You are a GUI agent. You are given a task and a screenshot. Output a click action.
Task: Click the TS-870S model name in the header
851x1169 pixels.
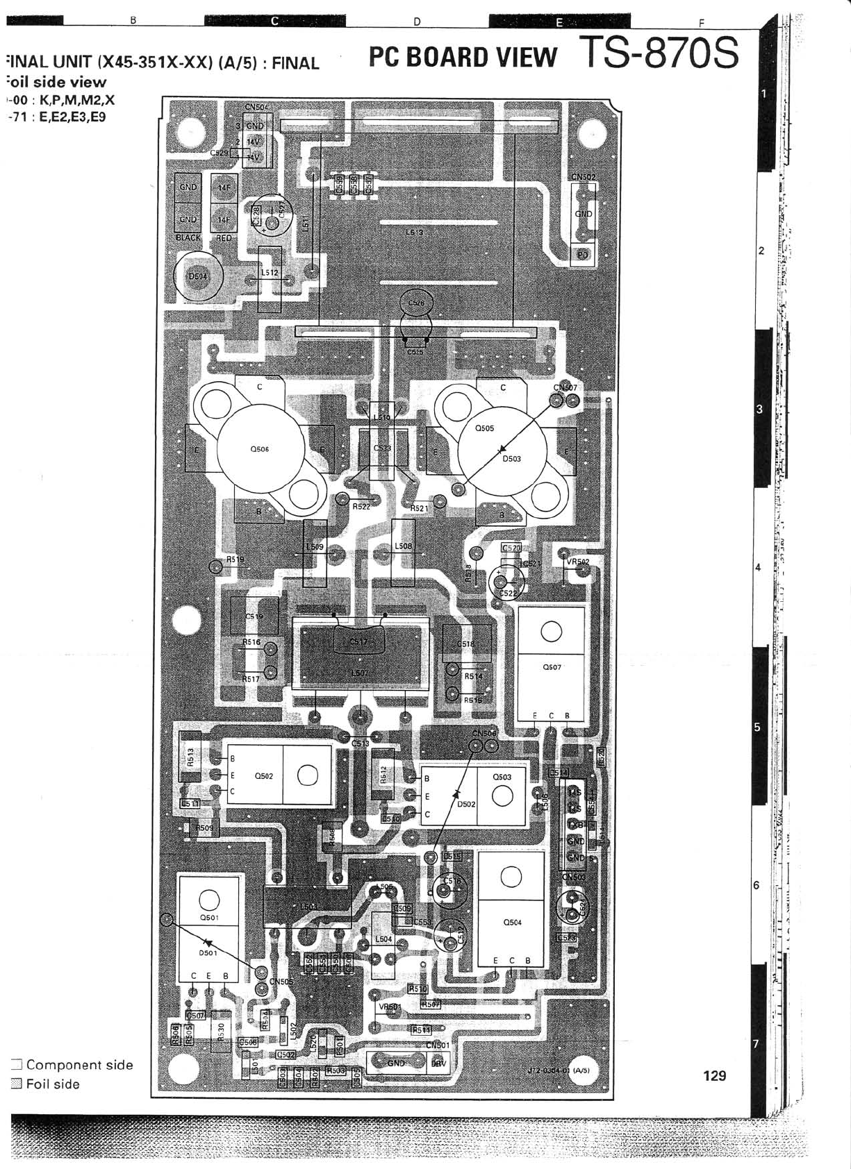659,52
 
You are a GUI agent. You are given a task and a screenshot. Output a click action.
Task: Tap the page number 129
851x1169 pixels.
714,1075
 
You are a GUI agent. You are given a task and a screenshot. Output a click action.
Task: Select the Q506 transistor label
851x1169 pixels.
259,449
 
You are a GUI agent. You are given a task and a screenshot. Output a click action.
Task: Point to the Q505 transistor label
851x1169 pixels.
484,428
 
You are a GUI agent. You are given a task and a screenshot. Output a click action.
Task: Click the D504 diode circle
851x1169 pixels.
198,276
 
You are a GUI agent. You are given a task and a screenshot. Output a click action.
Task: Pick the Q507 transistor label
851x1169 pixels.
552,667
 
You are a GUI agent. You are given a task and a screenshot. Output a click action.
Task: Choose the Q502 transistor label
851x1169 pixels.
264,776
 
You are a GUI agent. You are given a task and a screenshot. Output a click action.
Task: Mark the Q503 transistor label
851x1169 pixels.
502,777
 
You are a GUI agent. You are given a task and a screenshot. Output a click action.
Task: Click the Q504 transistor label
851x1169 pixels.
512,923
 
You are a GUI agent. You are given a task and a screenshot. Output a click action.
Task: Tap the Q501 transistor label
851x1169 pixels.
209,917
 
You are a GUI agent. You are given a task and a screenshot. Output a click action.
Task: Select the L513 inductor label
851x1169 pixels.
414,233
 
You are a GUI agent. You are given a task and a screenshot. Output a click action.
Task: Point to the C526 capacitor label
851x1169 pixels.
416,303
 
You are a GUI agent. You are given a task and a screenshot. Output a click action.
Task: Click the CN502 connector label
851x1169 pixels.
584,177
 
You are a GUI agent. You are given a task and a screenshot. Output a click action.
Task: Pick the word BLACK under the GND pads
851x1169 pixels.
188,237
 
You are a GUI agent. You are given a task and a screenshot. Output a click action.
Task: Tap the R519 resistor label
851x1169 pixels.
236,559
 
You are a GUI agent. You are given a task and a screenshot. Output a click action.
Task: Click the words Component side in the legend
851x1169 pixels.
79,1065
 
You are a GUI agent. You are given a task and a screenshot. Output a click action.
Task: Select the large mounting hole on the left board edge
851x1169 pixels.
186,620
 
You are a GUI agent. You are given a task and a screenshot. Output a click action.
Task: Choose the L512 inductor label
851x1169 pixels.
270,273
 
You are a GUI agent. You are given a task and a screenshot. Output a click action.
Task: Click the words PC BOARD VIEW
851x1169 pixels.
463,57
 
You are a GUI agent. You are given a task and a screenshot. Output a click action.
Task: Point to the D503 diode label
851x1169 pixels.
511,459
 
